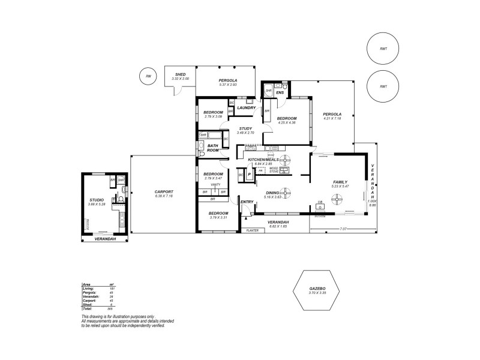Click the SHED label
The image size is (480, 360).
pyautogui.click(x=180, y=76)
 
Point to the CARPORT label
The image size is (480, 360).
pyautogui.click(x=164, y=192)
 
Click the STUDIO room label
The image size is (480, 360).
pyautogui.click(x=97, y=200)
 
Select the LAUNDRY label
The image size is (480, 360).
pyautogui.click(x=247, y=108)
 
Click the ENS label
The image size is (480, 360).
pyautogui.click(x=280, y=93)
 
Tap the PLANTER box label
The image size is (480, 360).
pyautogui.click(x=252, y=230)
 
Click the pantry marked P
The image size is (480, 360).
pyautogui.click(x=249, y=175)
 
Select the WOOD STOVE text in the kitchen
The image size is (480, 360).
pyautogui.click(x=274, y=170)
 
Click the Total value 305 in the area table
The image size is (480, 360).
pyautogui.click(x=112, y=308)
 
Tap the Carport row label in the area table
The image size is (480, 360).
pyautogui.click(x=88, y=301)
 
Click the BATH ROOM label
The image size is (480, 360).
pyautogui.click(x=213, y=148)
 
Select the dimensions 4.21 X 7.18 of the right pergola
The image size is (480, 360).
pyautogui.click(x=332, y=119)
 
